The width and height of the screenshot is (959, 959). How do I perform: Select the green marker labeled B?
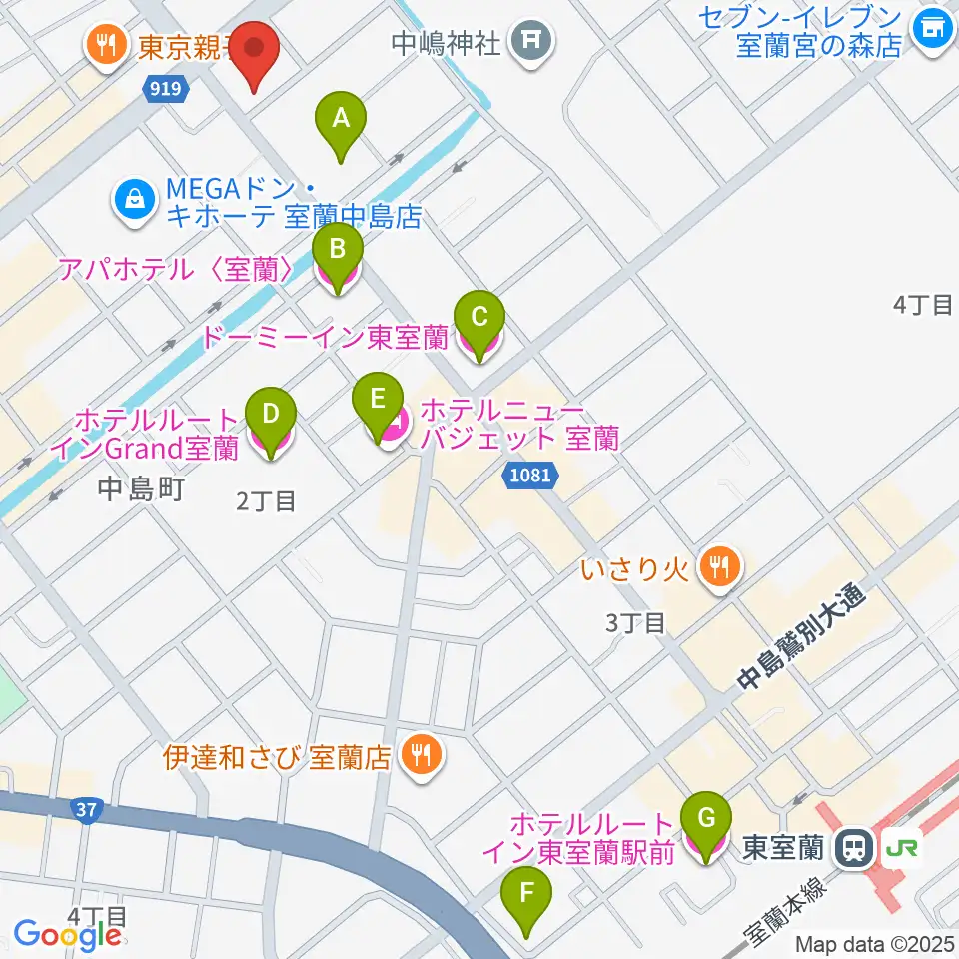[x=338, y=257]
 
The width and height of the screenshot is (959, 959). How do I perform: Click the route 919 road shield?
[x=166, y=90]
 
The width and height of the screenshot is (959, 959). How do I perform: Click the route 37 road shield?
[x=87, y=808]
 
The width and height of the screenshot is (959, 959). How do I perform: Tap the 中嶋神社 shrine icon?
[x=530, y=42]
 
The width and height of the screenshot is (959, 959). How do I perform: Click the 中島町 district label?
[x=142, y=488]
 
